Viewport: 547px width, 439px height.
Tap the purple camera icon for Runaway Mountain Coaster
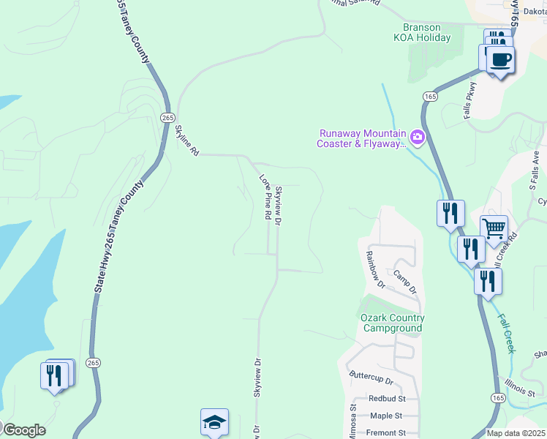pyautogui.click(x=418, y=136)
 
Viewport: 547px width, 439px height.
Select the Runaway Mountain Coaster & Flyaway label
pyautogui.click(x=361, y=139)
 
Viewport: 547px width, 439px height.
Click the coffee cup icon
pyautogui.click(x=500, y=59)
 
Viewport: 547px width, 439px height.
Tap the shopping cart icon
pyautogui.click(x=494, y=229)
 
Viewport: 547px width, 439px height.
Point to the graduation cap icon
pyautogui.click(x=215, y=422)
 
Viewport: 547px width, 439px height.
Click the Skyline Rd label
pyautogui.click(x=186, y=140)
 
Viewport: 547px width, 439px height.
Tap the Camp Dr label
pyautogui.click(x=404, y=282)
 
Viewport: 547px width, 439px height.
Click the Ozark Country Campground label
pyautogui.click(x=393, y=323)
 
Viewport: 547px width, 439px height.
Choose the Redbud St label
pyautogui.click(x=388, y=399)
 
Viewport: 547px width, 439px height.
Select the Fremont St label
pyautogui.click(x=388, y=433)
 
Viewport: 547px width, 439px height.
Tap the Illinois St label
pyautogui.click(x=520, y=387)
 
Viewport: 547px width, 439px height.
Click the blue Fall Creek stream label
pyautogui.click(x=508, y=334)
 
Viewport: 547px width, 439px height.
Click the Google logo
pyautogui.click(x=24, y=430)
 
